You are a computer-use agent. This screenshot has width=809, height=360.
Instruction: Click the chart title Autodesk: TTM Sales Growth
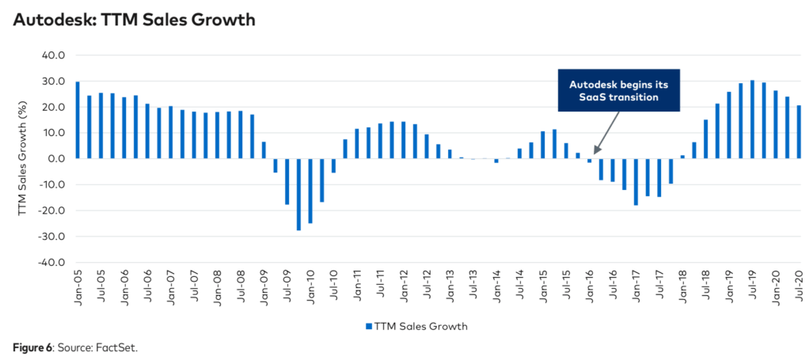pos(134,20)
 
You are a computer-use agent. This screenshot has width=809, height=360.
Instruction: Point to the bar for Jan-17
pos(636,181)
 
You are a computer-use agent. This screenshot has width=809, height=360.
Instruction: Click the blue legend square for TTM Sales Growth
pos(368,326)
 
